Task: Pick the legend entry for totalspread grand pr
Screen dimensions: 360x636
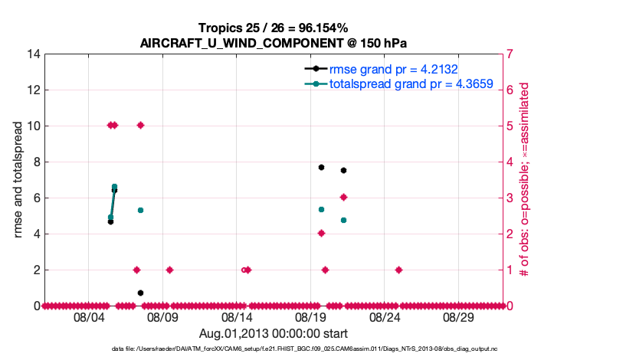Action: coord(410,83)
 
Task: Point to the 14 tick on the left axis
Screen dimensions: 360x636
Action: coord(34,54)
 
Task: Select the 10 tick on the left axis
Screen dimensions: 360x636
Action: coord(34,126)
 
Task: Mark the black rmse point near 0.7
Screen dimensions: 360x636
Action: coord(140,293)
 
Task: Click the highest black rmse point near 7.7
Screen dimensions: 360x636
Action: coord(321,167)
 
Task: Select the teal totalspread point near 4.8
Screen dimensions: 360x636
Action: coord(343,220)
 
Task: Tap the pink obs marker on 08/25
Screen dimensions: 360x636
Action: coord(399,270)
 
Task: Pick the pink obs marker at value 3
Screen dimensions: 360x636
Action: coord(343,197)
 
